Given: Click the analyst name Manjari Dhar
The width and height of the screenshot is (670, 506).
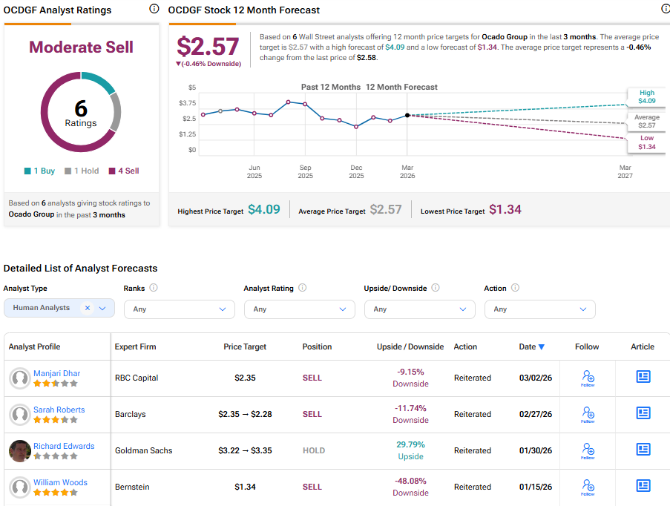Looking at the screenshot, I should pos(56,373).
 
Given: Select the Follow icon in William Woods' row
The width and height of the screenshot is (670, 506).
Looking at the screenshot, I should pos(588,487).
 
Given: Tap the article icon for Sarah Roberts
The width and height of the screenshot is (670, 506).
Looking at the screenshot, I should pos(643,413).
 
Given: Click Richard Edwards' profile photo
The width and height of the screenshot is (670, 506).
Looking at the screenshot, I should pos(20,451).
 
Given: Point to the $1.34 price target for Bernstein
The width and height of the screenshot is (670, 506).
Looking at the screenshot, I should pos(245,487).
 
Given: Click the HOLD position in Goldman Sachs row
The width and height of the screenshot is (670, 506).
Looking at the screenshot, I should pos(313,450).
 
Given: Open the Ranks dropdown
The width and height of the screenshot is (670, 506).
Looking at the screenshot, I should pos(179,309).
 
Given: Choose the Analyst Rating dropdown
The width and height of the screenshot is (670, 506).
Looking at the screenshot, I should pos(299,309).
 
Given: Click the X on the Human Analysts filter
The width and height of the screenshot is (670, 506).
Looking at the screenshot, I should pos(87,308).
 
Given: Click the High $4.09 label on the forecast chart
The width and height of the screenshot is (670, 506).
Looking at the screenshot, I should pos(646,96).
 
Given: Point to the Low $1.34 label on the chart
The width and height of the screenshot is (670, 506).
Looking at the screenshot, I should pos(646,142).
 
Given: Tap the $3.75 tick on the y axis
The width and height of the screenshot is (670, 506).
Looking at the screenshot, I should pos(188,103).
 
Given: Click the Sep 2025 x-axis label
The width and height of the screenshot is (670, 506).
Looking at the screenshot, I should pos(305,172).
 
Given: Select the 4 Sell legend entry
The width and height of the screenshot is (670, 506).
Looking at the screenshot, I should pos(124,171).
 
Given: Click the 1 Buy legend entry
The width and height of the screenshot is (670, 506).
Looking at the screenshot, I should pos(39,171).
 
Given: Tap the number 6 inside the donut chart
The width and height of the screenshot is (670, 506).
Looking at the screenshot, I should pos(80,108).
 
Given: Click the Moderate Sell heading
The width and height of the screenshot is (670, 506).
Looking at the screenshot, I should pos(81,47).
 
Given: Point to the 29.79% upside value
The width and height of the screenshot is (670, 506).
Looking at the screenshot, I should pos(410,445).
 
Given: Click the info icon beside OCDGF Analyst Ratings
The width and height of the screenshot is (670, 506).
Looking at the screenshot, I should pos(154,9).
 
